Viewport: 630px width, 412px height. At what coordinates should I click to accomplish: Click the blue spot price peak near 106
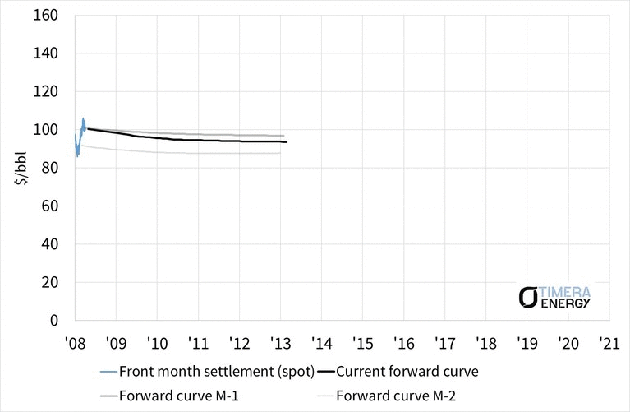(83, 118)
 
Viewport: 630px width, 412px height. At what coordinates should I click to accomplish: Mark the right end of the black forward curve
(287, 142)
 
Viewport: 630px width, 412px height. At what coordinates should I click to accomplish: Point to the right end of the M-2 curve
(280, 153)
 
